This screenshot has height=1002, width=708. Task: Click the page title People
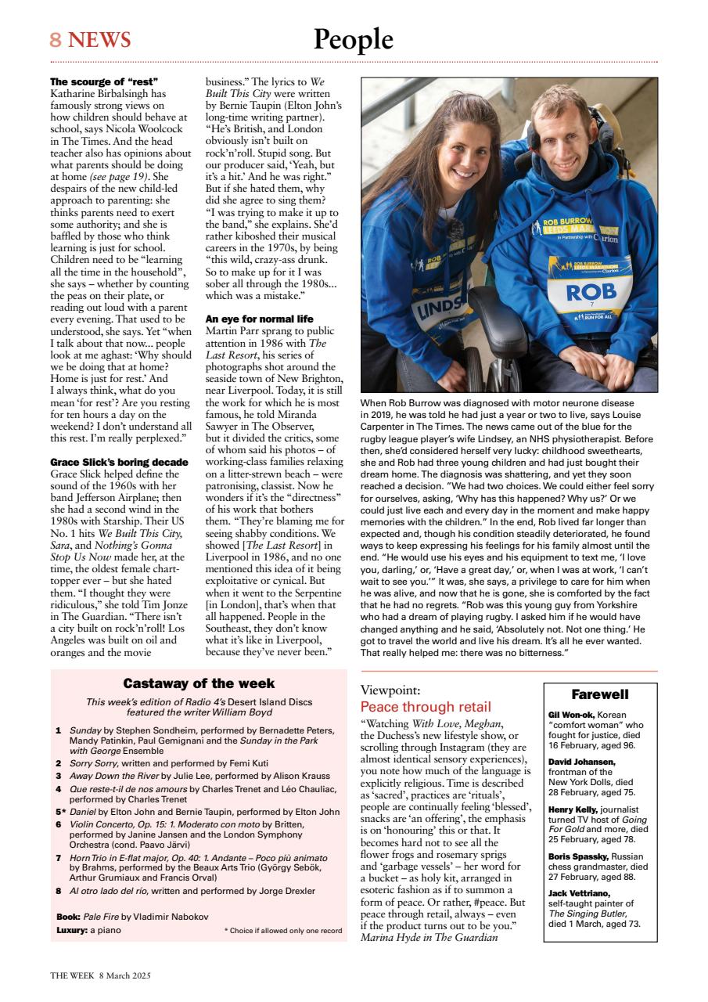point(353,39)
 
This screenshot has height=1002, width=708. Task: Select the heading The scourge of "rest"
point(104,81)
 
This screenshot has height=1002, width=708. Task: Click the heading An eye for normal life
point(258,319)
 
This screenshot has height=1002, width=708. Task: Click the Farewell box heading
point(599,694)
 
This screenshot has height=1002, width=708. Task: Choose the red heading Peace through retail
point(426,707)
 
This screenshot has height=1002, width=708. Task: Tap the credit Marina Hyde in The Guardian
point(429,936)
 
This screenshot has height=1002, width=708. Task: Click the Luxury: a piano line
point(88,931)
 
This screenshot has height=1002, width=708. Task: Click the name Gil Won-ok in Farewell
point(572,715)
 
